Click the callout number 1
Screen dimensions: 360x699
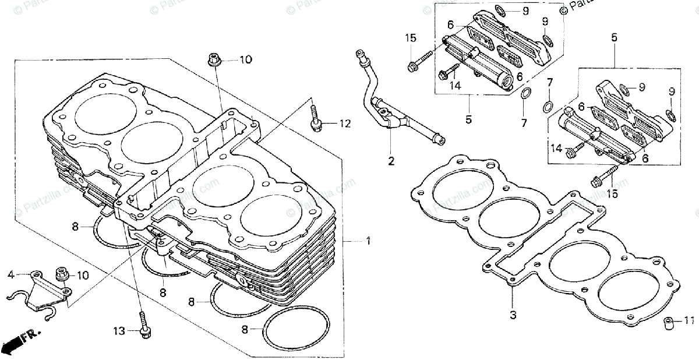click(x=368, y=241)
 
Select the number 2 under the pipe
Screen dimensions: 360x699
click(x=391, y=159)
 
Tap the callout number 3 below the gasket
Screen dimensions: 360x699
click(x=513, y=315)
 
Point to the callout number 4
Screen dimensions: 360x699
click(x=10, y=274)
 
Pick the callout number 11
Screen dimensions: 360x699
click(x=690, y=320)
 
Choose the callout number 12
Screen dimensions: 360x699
click(x=345, y=123)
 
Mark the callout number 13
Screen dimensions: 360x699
click(x=119, y=331)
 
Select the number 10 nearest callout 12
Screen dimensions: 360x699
click(x=245, y=59)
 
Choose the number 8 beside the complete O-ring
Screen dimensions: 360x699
click(x=245, y=330)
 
